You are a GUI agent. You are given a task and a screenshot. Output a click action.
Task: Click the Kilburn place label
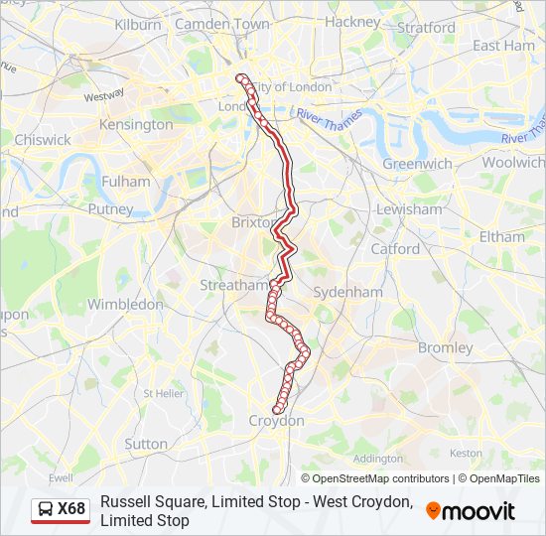pyautogui.click(x=138, y=24)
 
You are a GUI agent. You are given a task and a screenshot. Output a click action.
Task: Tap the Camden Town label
pyautogui.click(x=221, y=23)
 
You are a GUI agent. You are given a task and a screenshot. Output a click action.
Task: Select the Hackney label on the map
pyautogui.click(x=351, y=21)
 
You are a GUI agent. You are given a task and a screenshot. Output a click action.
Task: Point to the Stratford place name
pyautogui.click(x=426, y=28)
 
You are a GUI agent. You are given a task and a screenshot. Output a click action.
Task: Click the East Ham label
pyautogui.click(x=503, y=46)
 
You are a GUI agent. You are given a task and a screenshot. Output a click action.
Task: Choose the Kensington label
pyautogui.click(x=136, y=125)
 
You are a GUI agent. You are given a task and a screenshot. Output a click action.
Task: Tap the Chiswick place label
pyautogui.click(x=43, y=140)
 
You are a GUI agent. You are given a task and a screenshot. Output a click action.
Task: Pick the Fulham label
pyautogui.click(x=126, y=182)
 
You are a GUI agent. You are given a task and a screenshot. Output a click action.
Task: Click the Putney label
pyautogui.click(x=110, y=209)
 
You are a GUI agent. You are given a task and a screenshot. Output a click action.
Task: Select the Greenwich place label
pyautogui.click(x=418, y=164)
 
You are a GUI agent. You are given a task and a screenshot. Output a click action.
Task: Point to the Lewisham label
pyautogui.click(x=409, y=209)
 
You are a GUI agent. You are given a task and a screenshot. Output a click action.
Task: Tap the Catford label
pyautogui.click(x=395, y=249)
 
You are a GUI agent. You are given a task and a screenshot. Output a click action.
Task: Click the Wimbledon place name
pyautogui.click(x=125, y=304)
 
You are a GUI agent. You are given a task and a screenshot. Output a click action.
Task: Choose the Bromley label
pyautogui.click(x=446, y=348)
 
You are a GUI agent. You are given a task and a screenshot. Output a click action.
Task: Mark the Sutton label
pyautogui.click(x=146, y=444)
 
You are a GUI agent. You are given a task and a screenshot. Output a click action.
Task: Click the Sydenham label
pyautogui.click(x=347, y=292)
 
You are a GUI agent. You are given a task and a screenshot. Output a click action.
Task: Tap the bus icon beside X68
pyautogui.click(x=45, y=510)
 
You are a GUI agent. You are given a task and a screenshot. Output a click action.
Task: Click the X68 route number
pyautogui.click(x=71, y=510)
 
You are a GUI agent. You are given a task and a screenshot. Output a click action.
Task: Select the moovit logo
pyautogui.click(x=471, y=511)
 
